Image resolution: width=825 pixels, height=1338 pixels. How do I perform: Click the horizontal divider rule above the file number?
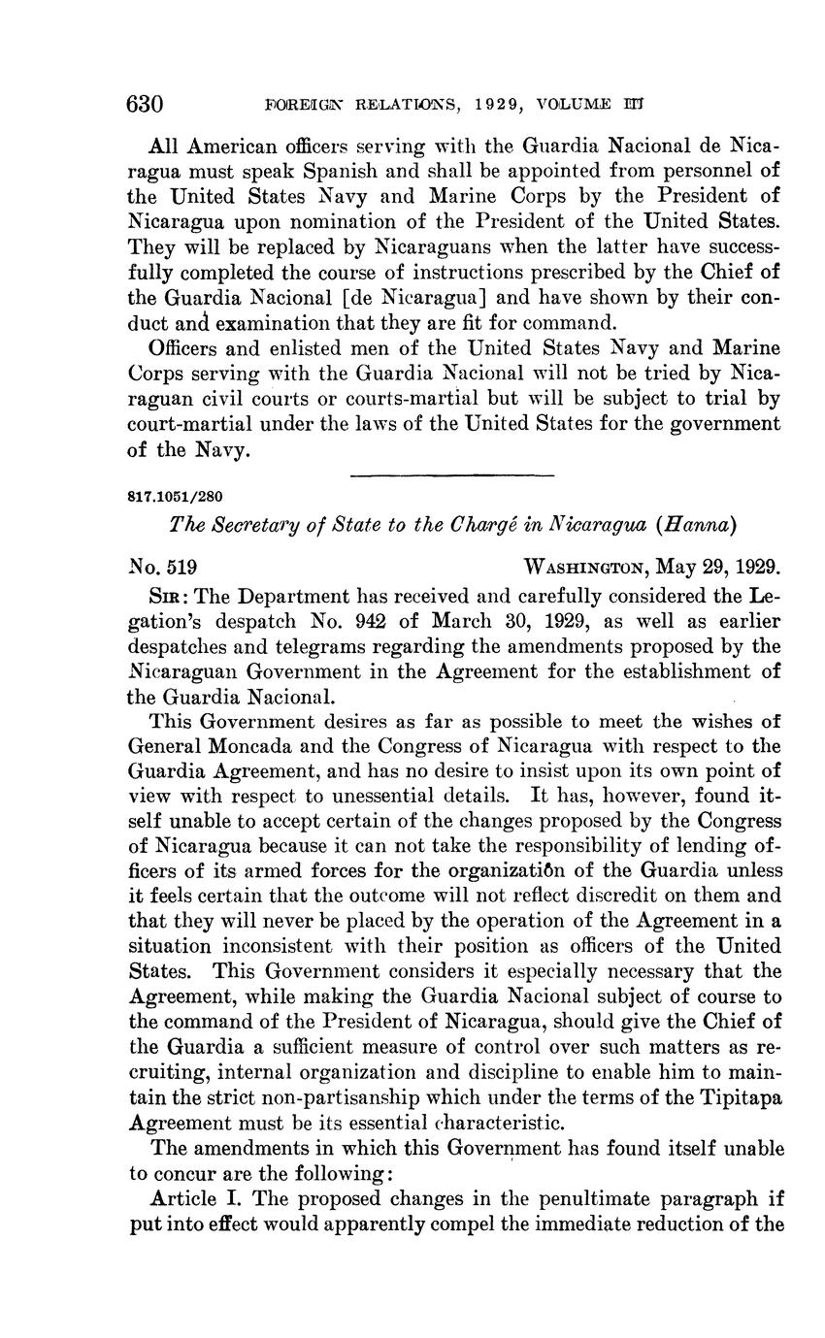(x=450, y=474)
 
